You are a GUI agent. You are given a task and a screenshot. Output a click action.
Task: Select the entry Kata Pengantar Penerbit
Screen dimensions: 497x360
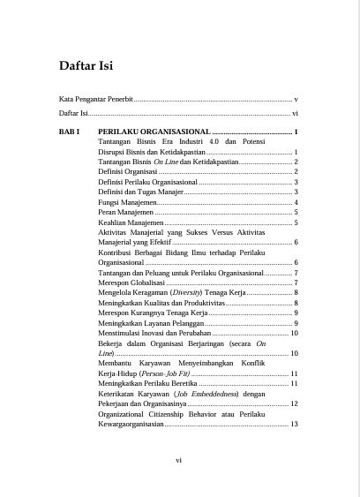coord(95,100)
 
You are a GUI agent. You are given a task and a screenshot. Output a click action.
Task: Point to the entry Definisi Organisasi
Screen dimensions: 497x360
coord(128,171)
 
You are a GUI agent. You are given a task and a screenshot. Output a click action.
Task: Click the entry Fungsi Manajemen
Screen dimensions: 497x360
coord(127,202)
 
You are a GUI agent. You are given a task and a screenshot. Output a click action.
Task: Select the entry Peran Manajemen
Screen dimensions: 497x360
coord(124,213)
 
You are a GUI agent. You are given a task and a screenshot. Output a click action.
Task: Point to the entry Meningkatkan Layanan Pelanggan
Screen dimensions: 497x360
coord(150,323)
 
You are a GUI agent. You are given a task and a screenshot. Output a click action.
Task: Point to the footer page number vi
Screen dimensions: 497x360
coord(179,459)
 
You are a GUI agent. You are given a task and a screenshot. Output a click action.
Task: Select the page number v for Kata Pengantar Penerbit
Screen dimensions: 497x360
coord(296,100)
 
